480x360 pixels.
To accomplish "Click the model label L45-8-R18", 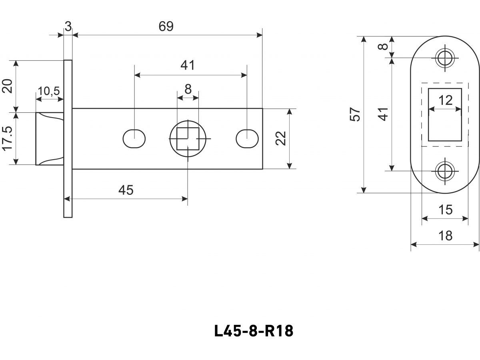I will (254, 331).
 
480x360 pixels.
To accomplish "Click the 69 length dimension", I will (166, 26).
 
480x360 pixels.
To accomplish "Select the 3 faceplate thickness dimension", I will (68, 27).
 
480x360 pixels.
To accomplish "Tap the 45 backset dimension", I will (126, 190).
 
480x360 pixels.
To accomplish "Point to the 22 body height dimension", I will (281, 139).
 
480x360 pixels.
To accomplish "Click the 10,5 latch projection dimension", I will (49, 91).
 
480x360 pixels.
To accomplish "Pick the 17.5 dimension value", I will (8, 139).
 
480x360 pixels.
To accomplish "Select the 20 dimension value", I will (8, 86).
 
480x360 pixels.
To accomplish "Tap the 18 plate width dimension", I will (445, 236).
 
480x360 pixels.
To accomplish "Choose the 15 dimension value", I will (445, 210).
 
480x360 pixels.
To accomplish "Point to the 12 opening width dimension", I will (445, 100).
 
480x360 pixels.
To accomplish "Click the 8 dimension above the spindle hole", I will (188, 89).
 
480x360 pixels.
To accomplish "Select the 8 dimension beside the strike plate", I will (383, 46).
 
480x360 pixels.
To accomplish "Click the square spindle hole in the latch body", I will (188, 138).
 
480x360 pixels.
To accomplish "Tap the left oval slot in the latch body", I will (134, 139).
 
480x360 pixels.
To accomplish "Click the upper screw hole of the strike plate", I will (445, 58).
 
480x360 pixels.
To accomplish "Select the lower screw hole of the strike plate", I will (445, 171).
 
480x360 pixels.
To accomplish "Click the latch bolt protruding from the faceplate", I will (50, 139).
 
